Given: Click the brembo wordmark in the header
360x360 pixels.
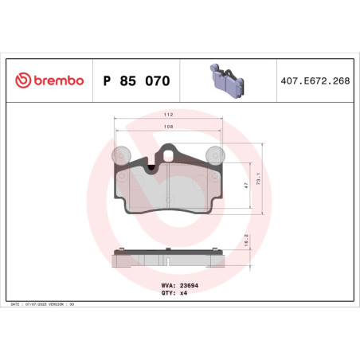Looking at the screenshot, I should pos(58,80).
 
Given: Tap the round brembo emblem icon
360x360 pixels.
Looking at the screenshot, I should pos(22,80).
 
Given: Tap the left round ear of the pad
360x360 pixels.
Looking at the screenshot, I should pos(123,153).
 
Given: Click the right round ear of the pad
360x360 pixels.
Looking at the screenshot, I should pos(213,153).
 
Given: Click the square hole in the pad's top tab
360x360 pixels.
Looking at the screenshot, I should pos(169,151).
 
